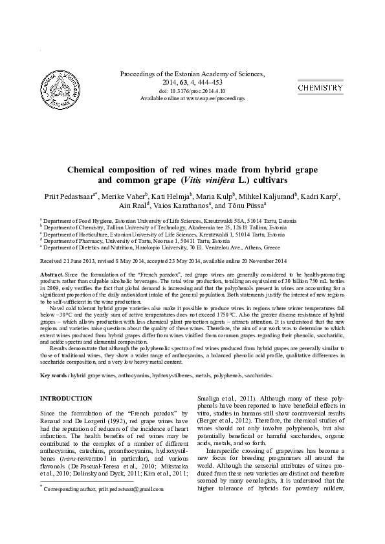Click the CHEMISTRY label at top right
320,87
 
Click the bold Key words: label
54,375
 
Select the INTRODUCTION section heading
66,399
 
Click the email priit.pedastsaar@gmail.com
127,490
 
